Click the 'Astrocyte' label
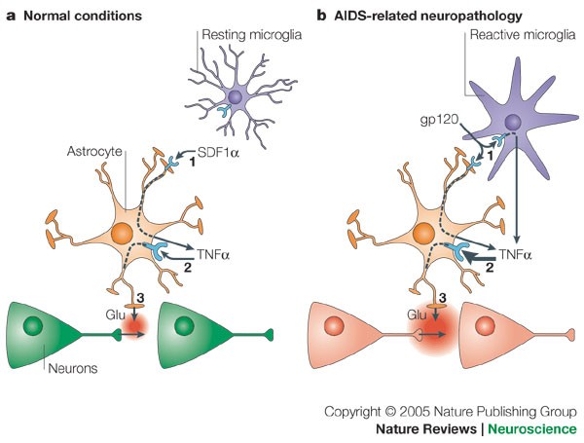click(x=97, y=153)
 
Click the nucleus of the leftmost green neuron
click(x=36, y=325)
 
